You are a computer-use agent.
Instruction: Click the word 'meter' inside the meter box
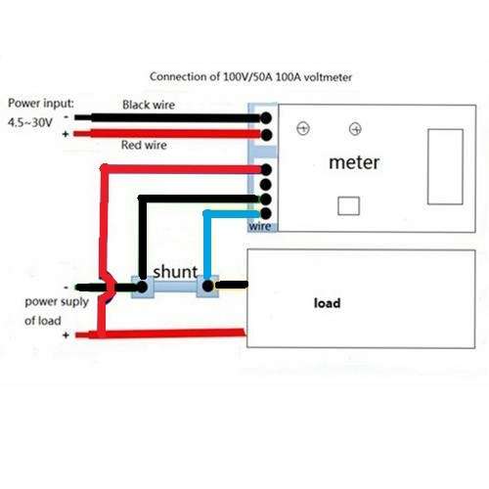tap(354, 162)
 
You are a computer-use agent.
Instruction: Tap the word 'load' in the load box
tap(327, 303)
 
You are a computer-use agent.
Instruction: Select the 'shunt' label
tap(175, 271)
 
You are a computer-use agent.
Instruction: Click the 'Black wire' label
tap(149, 105)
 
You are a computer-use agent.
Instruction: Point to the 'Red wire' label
tap(144, 145)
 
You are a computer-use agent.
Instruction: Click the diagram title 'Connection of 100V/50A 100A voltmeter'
tap(250, 77)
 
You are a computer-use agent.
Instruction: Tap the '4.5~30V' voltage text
tap(30, 123)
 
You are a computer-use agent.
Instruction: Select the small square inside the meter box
tap(348, 205)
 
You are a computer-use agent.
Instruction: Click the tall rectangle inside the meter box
tap(445, 167)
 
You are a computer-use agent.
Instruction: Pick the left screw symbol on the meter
tap(303, 128)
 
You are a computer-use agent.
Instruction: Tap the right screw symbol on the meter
tap(355, 129)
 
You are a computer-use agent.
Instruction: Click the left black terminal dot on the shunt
tap(142, 287)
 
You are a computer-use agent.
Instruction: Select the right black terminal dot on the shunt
tap(207, 287)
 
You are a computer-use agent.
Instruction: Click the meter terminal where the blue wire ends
tap(266, 213)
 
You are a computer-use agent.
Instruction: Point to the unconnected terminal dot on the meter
tap(266, 185)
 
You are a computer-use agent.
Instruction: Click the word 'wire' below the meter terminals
tap(260, 226)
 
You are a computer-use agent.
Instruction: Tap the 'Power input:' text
tap(41, 104)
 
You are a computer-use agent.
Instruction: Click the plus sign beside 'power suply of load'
tap(66, 335)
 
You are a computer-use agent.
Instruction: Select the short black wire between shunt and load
tap(232, 286)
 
